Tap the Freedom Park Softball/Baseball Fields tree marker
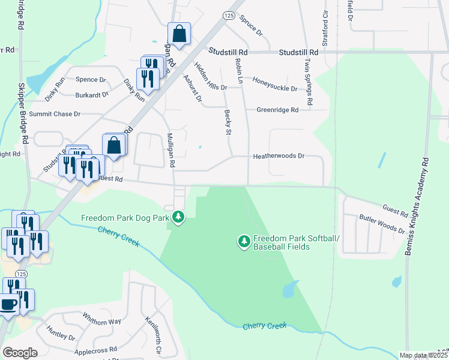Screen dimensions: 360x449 coord(244,242)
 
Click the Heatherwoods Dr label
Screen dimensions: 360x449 coord(279,156)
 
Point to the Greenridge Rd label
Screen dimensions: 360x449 coord(277,110)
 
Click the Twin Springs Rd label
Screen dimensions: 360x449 coord(307,82)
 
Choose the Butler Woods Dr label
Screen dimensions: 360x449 coord(382,224)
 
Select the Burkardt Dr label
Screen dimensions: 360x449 coord(92,94)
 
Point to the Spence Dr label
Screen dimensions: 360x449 coord(90,79)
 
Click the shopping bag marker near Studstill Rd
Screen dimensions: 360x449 coord(178,34)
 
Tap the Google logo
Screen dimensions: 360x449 coord(20,353)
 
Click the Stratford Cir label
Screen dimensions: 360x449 coord(325,18)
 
